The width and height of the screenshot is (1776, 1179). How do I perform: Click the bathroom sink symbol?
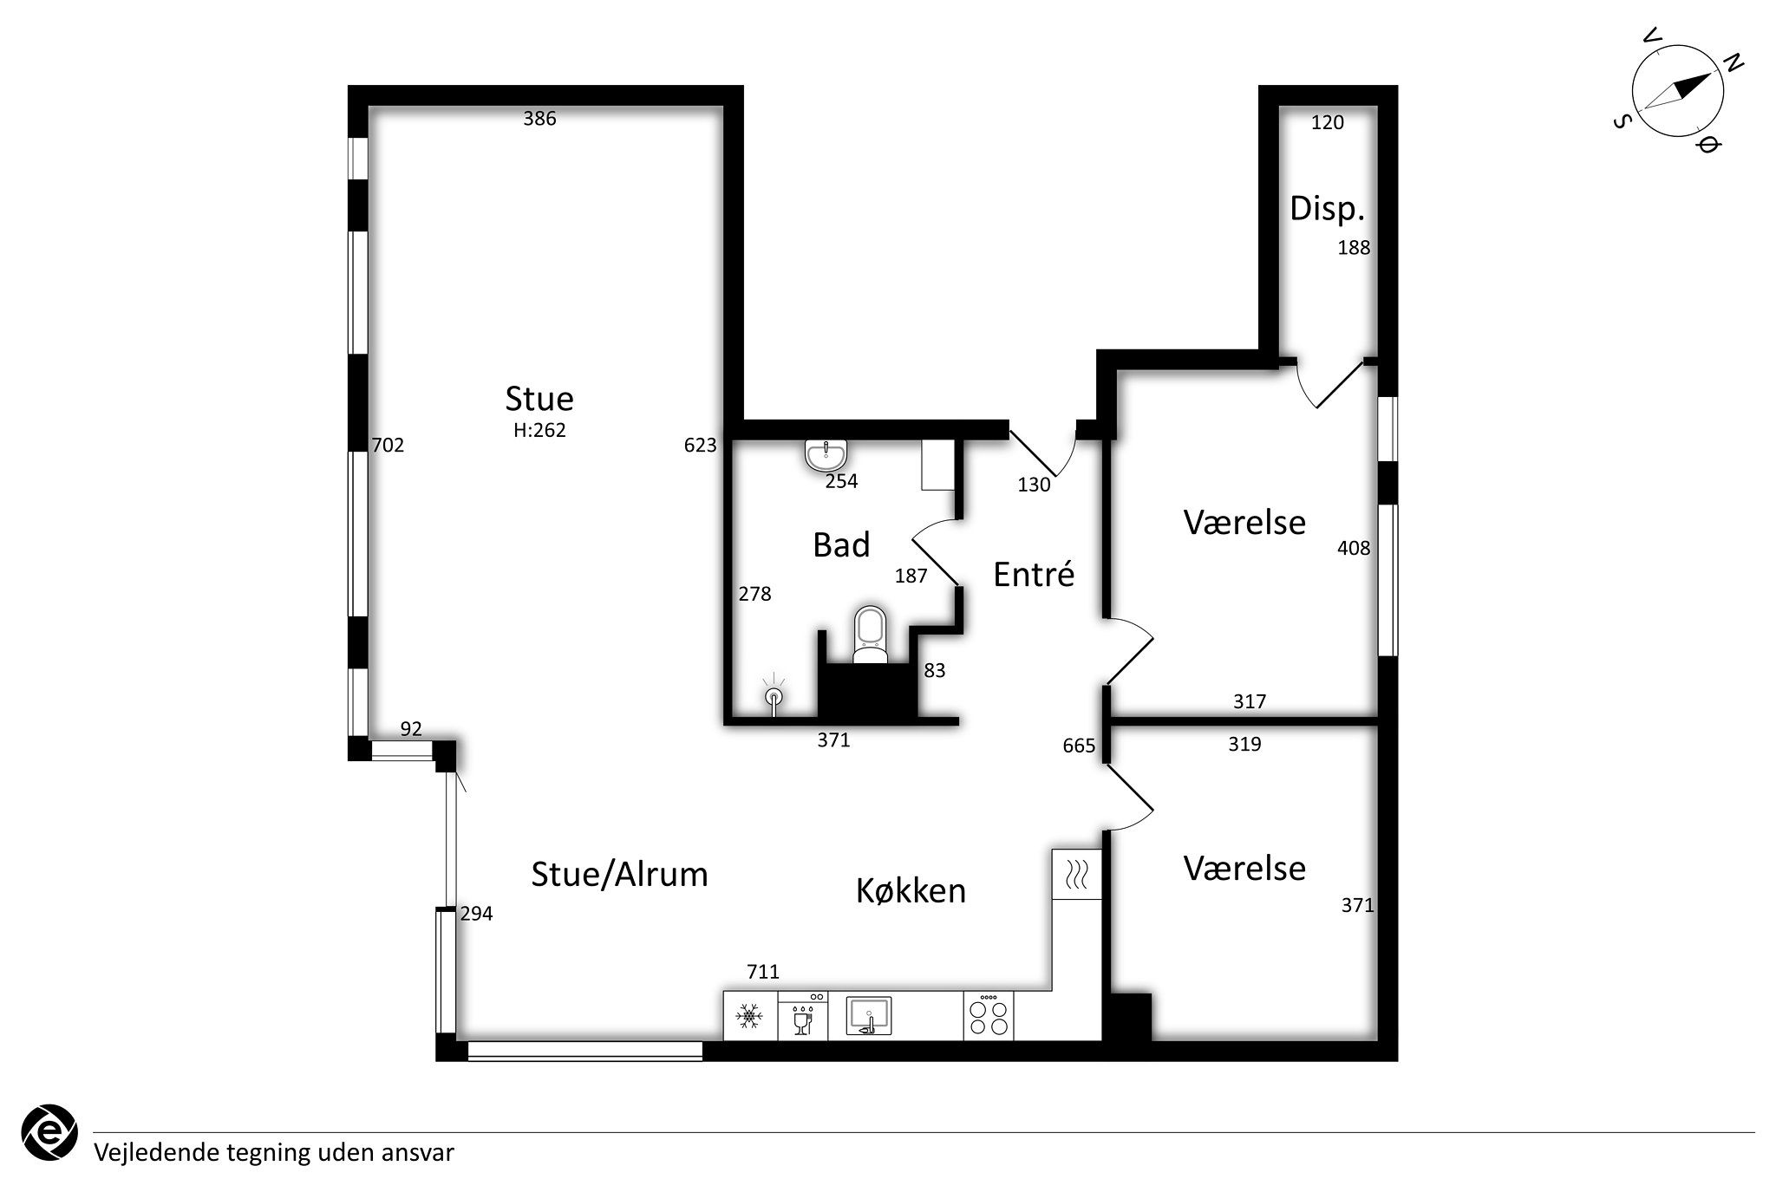(826, 454)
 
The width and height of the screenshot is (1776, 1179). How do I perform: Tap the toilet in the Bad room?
(871, 635)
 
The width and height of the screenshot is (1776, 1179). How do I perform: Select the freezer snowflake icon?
(749, 1016)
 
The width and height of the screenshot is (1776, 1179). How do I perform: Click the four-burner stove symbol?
(989, 1016)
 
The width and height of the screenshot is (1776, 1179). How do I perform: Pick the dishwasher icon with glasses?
(803, 1016)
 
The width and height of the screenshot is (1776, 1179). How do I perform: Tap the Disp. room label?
(1327, 209)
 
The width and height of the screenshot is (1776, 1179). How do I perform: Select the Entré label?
(1034, 574)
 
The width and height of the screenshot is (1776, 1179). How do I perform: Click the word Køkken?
(911, 890)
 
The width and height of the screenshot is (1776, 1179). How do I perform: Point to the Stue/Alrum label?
(619, 875)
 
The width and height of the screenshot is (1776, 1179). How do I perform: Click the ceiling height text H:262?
(539, 430)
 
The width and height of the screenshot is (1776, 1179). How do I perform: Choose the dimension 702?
(388, 446)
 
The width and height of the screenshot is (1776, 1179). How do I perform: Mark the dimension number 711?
(763, 972)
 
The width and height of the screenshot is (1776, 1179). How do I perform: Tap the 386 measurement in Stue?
(539, 119)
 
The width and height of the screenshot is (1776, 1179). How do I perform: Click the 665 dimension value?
(1079, 746)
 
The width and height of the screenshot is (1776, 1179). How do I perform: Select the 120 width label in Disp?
(1327, 122)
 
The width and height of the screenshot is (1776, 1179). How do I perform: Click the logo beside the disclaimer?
(49, 1130)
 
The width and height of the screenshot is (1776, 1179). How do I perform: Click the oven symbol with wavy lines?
(1076, 874)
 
